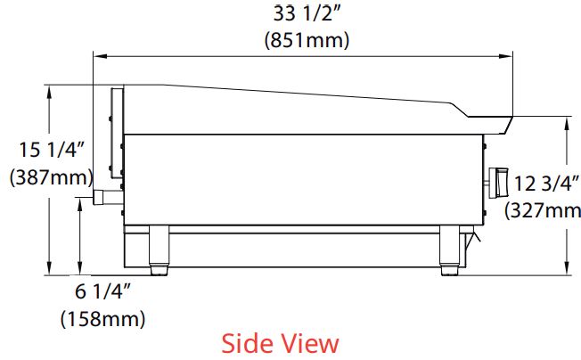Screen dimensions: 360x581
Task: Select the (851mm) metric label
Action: click(307, 40)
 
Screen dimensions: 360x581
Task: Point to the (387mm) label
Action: click(45, 176)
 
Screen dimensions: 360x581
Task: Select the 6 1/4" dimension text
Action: click(102, 290)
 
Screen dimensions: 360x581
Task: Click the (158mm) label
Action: click(102, 318)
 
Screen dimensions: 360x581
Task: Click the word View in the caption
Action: click(309, 343)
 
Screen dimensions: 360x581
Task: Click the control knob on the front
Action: click(496, 184)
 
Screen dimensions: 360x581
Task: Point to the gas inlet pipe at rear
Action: click(106, 195)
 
